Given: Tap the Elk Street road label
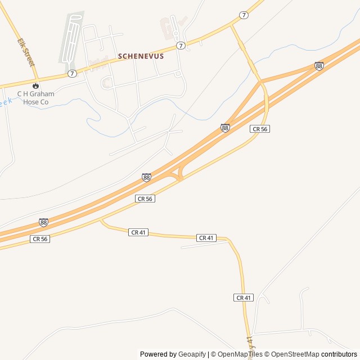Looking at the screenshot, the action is point(26,52).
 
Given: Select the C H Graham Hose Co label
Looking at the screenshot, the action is point(35,98).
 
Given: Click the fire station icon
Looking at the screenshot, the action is point(35,86).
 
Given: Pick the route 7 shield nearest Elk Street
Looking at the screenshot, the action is point(72,74).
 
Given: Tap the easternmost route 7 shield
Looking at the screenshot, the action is point(244,15).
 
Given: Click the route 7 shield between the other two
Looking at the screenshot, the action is point(180,45).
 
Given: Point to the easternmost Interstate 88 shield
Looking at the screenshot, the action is point(319,66).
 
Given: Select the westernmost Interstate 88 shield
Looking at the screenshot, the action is point(43,222).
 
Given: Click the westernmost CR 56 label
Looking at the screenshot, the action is point(40,239).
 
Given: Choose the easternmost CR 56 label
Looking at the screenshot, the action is point(259,129).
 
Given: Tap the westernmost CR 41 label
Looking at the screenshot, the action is point(138,232).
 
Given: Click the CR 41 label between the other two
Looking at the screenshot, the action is point(207,238).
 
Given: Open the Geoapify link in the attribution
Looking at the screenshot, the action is point(192,354).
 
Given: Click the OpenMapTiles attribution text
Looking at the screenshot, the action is point(240,354).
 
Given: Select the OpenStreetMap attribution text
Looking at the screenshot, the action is point(295,354).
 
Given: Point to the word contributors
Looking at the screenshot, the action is point(339,354).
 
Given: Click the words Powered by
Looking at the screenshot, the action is point(158,354).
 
